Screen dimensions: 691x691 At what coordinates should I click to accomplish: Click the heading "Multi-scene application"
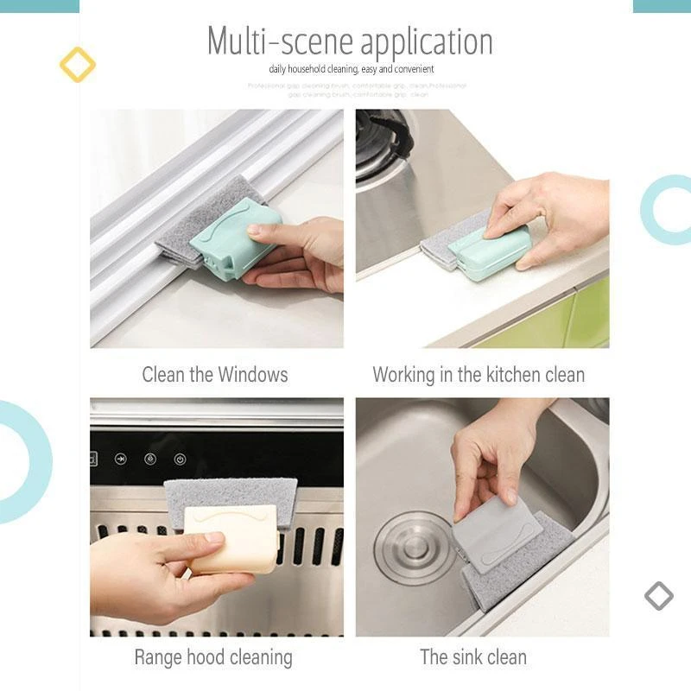(x=350, y=41)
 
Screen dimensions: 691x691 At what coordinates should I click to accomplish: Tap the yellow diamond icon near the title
(x=77, y=65)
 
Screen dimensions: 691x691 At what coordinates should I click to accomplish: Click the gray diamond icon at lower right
(x=658, y=595)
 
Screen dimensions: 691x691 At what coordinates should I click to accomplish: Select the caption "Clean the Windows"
(x=215, y=375)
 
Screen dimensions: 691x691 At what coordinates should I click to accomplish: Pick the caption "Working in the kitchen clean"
(x=479, y=375)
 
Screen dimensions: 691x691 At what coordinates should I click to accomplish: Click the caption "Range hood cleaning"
(x=213, y=657)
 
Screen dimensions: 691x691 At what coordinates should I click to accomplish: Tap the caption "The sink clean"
(x=473, y=657)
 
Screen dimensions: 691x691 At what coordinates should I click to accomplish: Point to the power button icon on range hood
(x=180, y=460)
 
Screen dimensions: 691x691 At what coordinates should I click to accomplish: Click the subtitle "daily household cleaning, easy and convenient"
(x=351, y=69)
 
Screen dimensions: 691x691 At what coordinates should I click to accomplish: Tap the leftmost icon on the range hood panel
(x=120, y=459)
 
